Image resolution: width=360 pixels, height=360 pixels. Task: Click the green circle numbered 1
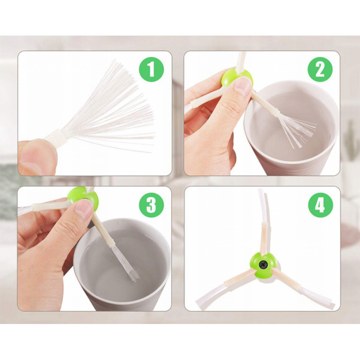point(152,69)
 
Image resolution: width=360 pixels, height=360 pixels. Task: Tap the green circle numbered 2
point(320,69)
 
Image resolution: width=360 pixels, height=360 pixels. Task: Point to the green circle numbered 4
point(320,205)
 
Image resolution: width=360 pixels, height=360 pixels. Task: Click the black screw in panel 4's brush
point(263,265)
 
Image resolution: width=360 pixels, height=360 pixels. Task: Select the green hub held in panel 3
point(83,197)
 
